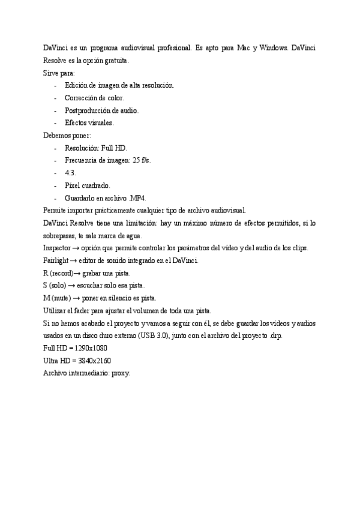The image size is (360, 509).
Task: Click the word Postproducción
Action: pyautogui.click(x=88, y=110)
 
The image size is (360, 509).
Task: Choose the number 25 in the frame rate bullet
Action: pyautogui.click(x=136, y=160)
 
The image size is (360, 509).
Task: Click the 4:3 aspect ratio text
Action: pyautogui.click(x=70, y=173)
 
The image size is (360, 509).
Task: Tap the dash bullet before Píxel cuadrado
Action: pyautogui.click(x=55, y=185)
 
